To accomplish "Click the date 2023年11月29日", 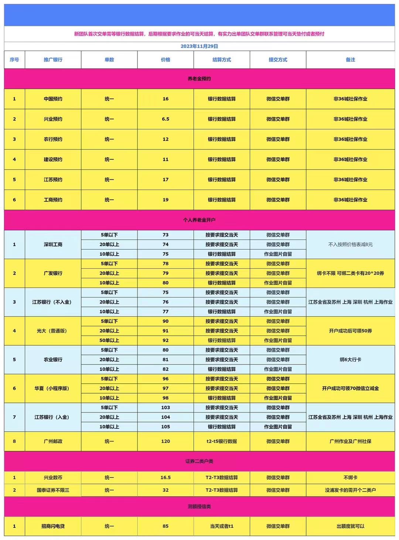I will click(x=199, y=46).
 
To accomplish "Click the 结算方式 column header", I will click(x=222, y=60).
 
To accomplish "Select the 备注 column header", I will click(x=350, y=60).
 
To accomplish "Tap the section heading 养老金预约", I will click(x=199, y=79).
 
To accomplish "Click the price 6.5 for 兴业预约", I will click(x=166, y=119).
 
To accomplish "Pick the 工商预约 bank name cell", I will click(x=53, y=200).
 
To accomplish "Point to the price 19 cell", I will click(x=166, y=200).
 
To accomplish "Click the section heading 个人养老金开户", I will click(x=199, y=220).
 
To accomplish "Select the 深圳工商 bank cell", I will click(x=53, y=244).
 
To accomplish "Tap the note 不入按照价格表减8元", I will click(x=350, y=244).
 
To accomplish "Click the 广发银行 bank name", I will click(x=53, y=273).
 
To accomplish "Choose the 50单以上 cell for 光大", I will click(x=109, y=340).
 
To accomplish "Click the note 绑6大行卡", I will click(x=350, y=360).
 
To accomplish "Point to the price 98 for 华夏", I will click(x=166, y=398).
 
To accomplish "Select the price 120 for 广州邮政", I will click(x=166, y=441).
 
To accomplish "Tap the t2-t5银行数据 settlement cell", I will click(x=222, y=441).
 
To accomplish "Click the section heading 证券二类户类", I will click(x=199, y=461).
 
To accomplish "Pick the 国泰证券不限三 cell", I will click(x=53, y=490).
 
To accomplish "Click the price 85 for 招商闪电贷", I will click(x=166, y=526).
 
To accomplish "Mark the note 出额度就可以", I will click(x=350, y=526).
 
